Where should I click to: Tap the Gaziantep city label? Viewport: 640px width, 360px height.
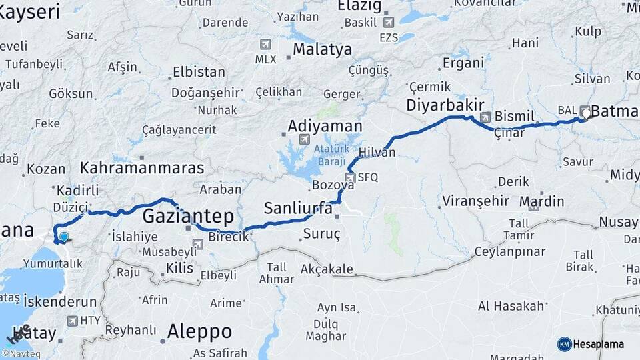point(188,216)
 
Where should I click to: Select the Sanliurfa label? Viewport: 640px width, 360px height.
point(298,208)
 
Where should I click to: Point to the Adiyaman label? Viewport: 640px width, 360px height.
point(325,126)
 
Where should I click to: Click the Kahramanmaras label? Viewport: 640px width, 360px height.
point(142,167)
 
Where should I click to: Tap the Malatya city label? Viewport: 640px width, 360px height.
point(322,49)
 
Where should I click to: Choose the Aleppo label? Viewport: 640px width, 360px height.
point(199,331)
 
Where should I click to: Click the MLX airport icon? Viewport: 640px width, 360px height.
point(266,45)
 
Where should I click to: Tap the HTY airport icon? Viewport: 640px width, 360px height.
point(71,321)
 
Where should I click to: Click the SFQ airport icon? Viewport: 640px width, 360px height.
point(349,177)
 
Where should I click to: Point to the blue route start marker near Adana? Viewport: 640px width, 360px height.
point(63,235)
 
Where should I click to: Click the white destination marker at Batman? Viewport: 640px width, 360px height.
point(586,113)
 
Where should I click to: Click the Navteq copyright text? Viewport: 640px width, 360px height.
point(23,353)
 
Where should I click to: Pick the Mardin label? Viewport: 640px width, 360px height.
point(541,201)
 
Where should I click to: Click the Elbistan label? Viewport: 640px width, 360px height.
point(199,72)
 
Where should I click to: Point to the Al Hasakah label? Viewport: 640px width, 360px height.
point(511,306)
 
